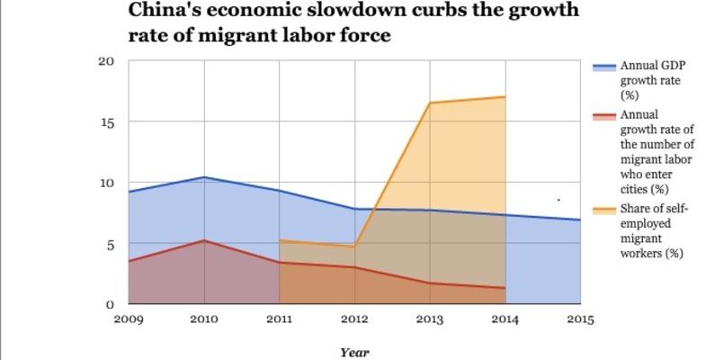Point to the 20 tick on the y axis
click(106, 61)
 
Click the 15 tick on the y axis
click(106, 121)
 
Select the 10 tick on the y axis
click(106, 183)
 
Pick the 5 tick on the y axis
click(110, 244)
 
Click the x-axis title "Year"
click(354, 353)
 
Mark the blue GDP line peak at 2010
click(204, 177)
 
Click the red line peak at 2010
click(204, 240)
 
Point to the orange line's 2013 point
click(429, 103)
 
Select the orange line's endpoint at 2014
click(505, 96)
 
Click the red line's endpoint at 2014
click(505, 288)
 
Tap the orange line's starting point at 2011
click(280, 240)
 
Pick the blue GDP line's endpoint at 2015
click(579, 220)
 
